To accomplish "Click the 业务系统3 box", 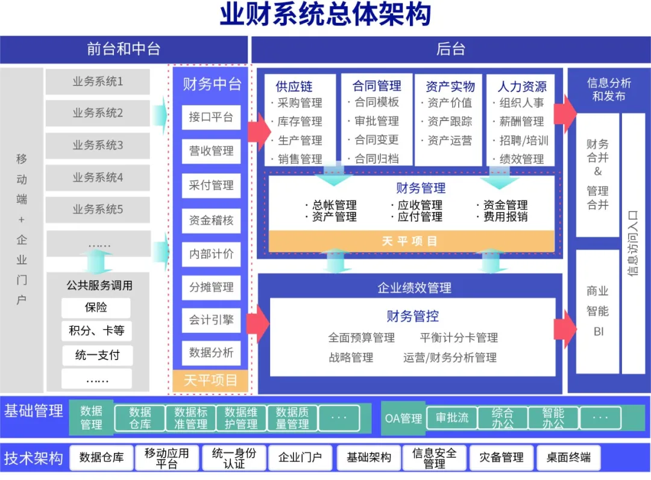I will click(98, 145).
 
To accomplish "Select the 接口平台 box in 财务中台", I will click(211, 117).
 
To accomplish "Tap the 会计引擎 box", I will click(211, 320).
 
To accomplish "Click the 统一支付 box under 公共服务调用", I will click(97, 355).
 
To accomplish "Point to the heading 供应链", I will click(294, 87).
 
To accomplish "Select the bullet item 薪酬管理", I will click(521, 122).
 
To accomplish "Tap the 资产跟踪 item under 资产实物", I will click(449, 122).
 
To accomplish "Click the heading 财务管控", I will click(412, 316).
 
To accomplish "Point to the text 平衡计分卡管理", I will click(459, 337).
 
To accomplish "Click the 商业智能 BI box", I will click(597, 311).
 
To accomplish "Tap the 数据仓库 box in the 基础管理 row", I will click(140, 418).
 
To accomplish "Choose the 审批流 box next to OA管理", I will click(452, 418).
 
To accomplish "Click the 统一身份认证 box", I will click(234, 458).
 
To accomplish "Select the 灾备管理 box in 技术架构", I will click(502, 458).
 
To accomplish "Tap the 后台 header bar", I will click(450, 49).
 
